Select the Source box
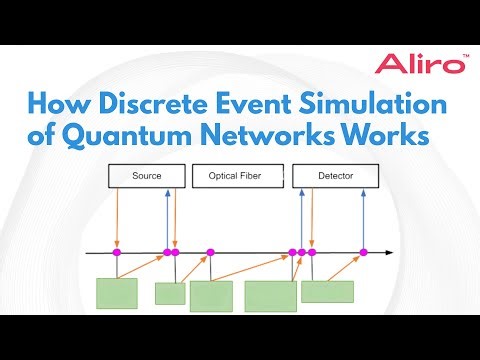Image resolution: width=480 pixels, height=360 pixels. click(x=146, y=177)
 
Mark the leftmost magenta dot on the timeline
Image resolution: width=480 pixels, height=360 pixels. click(x=117, y=252)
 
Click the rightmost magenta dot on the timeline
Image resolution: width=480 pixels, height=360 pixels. click(x=363, y=252)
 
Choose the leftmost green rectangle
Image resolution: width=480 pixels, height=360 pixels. click(x=116, y=293)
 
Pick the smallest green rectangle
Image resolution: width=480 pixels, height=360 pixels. click(x=170, y=293)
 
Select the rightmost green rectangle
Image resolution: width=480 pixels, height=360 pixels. click(x=327, y=291)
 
